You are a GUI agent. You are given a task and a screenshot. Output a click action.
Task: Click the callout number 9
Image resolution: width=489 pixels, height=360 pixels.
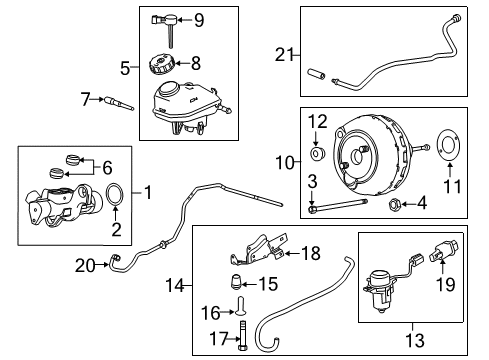198,18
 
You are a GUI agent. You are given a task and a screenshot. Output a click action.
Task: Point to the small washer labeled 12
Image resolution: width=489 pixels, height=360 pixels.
316,155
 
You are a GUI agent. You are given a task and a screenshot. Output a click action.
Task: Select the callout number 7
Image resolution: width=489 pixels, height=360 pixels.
87,98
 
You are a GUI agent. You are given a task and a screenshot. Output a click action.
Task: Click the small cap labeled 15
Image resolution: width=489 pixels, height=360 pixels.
240,283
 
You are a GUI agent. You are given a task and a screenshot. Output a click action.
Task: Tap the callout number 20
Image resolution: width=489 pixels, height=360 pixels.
87,264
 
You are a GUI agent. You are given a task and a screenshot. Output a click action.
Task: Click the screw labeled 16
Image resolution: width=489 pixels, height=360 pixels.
241,312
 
